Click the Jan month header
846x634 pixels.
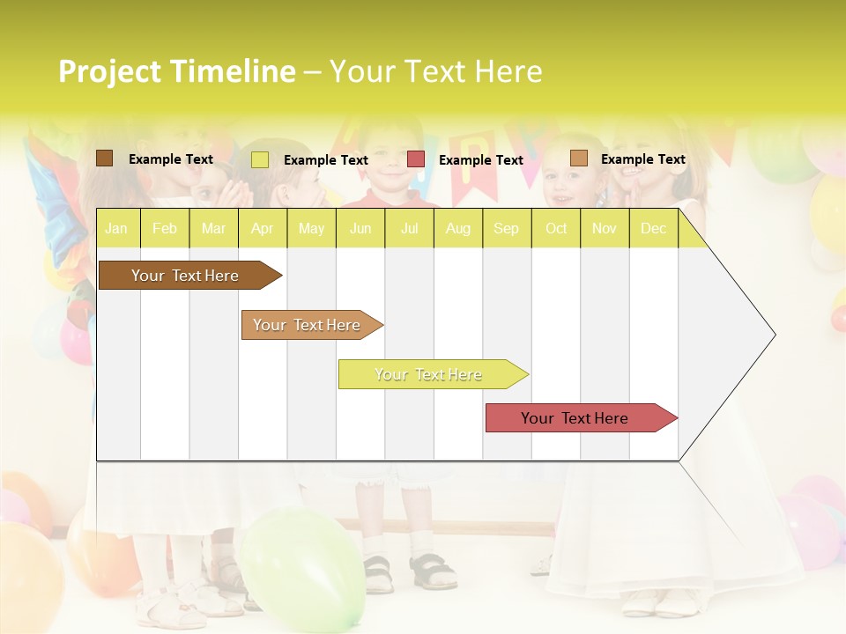pos(116,229)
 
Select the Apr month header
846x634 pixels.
pos(262,229)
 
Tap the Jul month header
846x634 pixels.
pos(409,229)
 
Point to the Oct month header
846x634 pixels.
pos(556,229)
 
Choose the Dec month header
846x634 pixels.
pos(653,229)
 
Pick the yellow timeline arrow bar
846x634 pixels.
pos(430,374)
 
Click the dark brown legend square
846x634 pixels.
pos(105,158)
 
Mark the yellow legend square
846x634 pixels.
pos(260,159)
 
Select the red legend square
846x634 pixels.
pos(416,159)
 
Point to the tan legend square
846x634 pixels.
pos(578,158)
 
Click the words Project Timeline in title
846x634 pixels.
pos(177,71)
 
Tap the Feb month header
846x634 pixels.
pos(165,229)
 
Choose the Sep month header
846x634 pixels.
pos(506,229)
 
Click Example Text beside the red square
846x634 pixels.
pos(481,160)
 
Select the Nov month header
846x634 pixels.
pos(605,229)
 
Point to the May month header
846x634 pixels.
pos(311,229)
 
